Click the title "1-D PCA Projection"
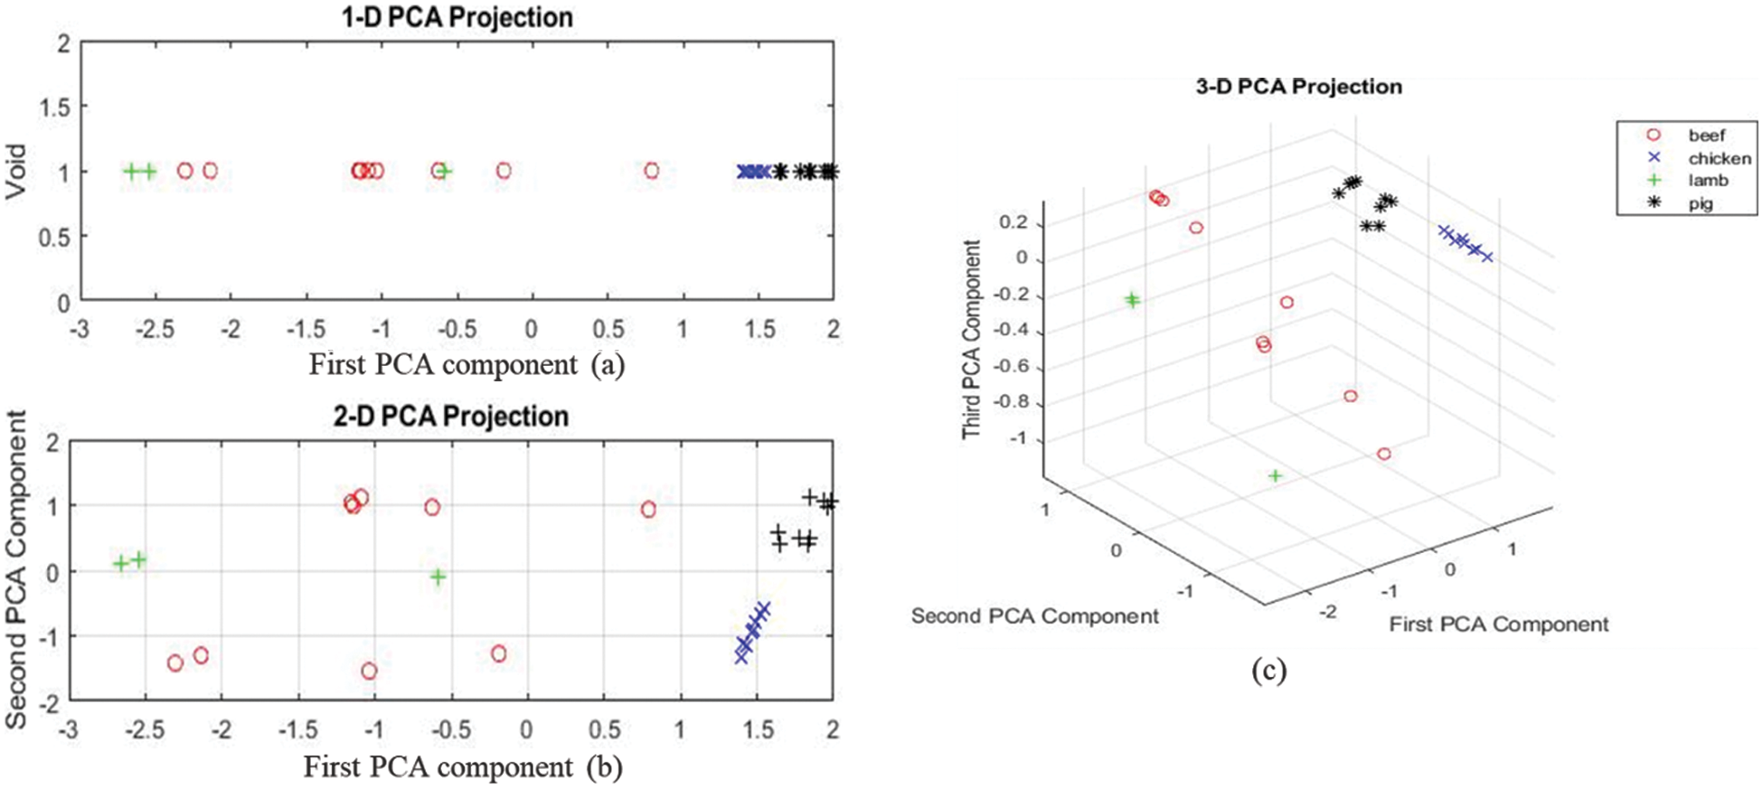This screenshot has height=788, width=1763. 457,17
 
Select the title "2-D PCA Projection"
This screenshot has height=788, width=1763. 451,417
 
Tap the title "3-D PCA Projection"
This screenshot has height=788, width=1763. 1298,87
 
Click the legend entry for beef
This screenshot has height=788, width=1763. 1706,136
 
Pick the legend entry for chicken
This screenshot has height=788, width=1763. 1719,158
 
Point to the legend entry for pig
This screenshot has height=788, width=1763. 1700,203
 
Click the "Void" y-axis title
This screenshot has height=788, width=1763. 15,172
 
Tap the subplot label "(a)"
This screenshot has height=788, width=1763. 608,364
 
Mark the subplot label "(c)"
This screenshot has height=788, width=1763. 1268,670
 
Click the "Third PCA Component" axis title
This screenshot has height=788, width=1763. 972,340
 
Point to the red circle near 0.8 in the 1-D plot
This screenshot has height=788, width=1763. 652,171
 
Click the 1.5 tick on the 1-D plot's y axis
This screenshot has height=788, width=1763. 54,108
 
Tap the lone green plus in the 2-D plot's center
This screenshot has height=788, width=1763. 438,577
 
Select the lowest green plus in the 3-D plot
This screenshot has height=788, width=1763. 1275,475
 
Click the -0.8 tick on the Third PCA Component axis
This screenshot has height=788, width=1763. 1010,402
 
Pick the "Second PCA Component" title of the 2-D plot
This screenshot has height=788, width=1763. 16,569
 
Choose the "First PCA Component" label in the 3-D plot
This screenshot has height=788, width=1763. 1498,624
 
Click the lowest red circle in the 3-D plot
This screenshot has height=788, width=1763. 1384,454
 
